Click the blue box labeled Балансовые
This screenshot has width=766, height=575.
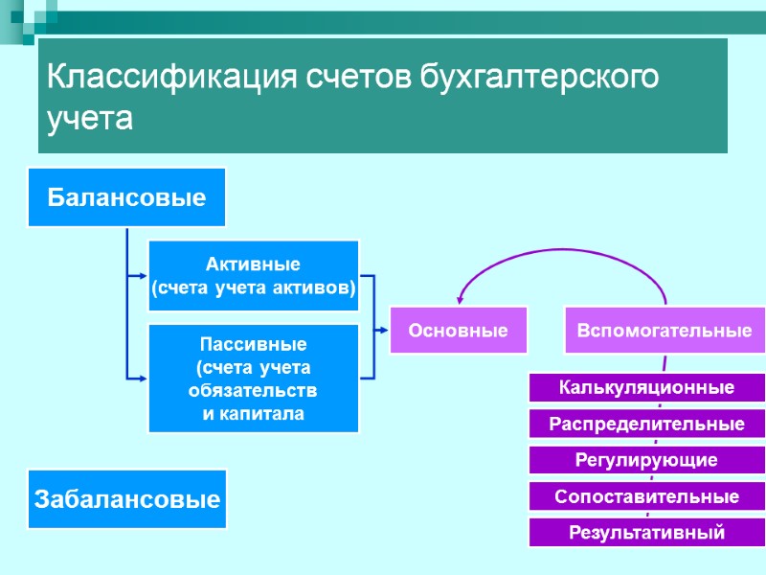tap(127, 197)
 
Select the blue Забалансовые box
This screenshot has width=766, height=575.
tap(127, 498)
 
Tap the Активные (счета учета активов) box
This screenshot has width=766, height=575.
tap(253, 276)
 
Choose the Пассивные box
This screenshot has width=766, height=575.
tap(253, 379)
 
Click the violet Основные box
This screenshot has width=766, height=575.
tap(459, 330)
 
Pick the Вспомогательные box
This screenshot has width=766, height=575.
tap(664, 330)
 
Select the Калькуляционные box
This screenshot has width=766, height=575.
tap(647, 387)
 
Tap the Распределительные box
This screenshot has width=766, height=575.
tap(647, 424)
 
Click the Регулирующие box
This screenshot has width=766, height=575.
tap(647, 460)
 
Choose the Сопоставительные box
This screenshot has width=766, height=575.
tap(647, 496)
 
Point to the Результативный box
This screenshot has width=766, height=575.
tap(647, 532)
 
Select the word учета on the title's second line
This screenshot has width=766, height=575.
tap(89, 119)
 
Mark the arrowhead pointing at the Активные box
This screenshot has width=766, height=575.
tap(141, 276)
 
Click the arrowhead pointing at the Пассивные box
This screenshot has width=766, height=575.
tap(141, 377)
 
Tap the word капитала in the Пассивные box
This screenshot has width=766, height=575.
tap(253, 414)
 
